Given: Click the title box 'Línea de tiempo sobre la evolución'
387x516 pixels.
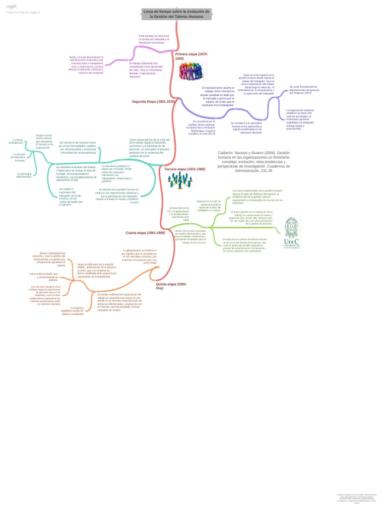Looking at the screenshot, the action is (176, 14).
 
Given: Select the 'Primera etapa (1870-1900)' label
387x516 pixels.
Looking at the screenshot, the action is (191, 56).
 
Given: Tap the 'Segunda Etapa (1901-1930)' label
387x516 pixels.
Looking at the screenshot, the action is (153, 101).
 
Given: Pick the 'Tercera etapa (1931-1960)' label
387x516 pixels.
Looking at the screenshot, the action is (185, 169).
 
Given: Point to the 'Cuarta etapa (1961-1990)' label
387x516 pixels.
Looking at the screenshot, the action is (145, 233).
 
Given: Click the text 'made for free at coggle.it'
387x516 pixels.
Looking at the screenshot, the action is (23, 12).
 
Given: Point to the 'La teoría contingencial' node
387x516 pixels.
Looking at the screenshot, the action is (17, 142).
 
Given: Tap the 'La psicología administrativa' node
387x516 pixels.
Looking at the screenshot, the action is (24, 176).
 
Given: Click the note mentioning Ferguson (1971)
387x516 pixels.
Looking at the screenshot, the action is (304, 90).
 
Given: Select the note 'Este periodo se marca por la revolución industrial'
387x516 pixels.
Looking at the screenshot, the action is (154, 39).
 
